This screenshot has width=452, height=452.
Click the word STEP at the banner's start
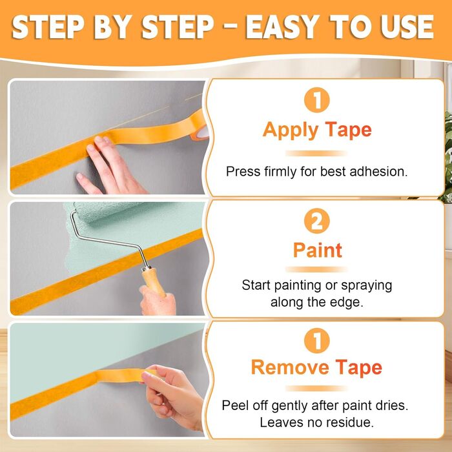coord(48,27)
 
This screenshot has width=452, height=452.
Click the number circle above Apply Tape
coord(317,99)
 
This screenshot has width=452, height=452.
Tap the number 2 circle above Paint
coord(317,221)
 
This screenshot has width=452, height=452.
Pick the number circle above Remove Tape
coord(317,340)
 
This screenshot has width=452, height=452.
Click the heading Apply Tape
coord(317,130)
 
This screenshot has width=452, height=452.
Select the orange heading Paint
coord(318,251)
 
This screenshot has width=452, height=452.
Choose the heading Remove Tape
coord(316,367)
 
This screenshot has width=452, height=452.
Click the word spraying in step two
coord(366,286)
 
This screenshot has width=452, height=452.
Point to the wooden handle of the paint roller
coord(153,282)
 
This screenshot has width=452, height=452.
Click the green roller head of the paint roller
coord(108,211)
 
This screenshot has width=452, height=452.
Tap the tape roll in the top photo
coord(200,127)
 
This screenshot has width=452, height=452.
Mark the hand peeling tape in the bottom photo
coord(172,396)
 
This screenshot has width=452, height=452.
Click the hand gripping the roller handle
coord(158,302)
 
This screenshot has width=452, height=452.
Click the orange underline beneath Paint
coord(316,269)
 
